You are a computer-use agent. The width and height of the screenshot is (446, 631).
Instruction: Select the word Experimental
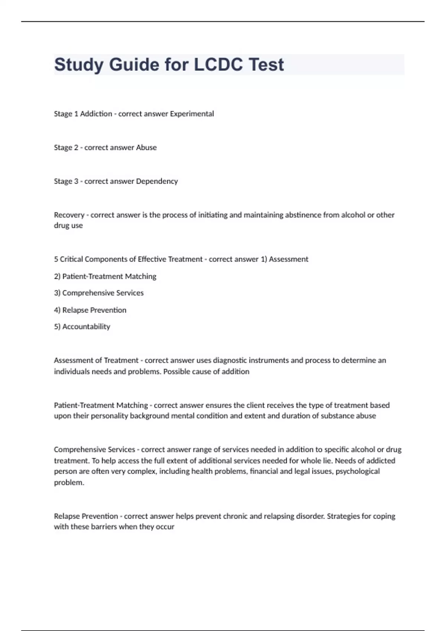tap(192, 114)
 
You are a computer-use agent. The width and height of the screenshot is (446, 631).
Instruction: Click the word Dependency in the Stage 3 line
tap(157, 181)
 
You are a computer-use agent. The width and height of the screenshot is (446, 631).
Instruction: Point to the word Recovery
tap(69, 215)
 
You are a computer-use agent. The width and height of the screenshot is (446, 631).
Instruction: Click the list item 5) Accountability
tap(82, 327)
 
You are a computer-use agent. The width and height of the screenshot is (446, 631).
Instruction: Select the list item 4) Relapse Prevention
tap(90, 310)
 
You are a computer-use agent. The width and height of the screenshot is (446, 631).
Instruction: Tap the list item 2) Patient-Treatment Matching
tap(105, 276)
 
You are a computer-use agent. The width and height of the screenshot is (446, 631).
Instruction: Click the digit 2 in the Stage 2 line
tap(76, 148)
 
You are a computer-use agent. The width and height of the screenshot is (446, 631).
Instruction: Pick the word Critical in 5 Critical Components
tap(71, 259)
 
